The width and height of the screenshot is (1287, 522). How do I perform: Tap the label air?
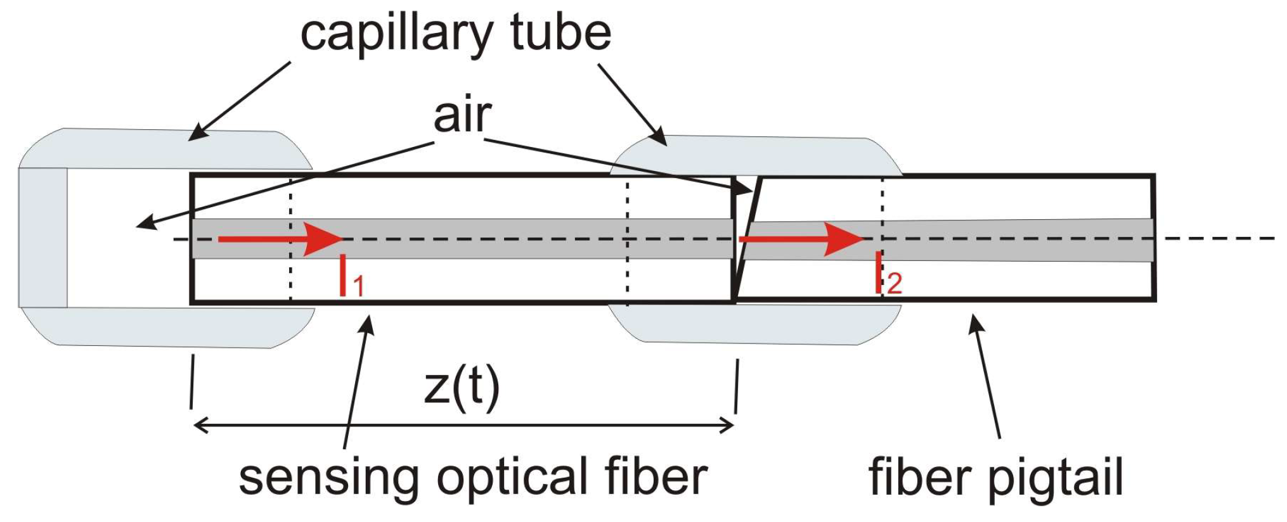(x=462, y=116)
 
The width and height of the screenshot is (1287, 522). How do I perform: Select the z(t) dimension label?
(x=462, y=388)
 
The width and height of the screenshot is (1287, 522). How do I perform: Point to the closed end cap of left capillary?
(x=42, y=238)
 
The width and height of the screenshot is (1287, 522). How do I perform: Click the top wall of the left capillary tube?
(x=165, y=149)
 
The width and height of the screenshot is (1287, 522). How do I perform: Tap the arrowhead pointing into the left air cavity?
(x=145, y=224)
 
